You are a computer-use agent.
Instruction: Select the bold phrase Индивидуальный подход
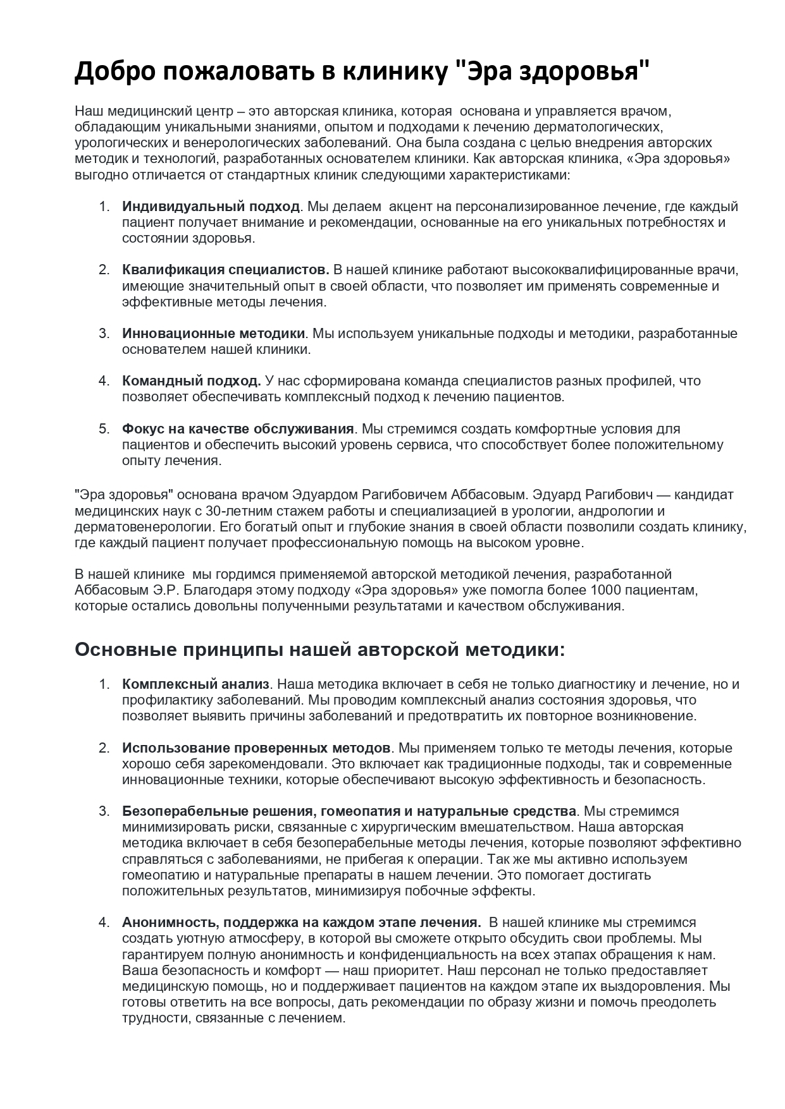click(x=211, y=207)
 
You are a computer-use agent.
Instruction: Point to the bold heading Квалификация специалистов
click(x=226, y=270)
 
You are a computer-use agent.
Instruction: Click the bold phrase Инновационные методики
click(x=214, y=333)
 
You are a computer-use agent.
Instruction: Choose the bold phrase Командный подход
click(x=192, y=381)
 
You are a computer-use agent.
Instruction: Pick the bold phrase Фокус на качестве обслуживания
click(x=238, y=429)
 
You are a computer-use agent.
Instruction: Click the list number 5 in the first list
click(x=104, y=429)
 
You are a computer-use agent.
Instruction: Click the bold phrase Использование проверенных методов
click(x=256, y=748)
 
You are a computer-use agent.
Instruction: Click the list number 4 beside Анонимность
click(x=104, y=923)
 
